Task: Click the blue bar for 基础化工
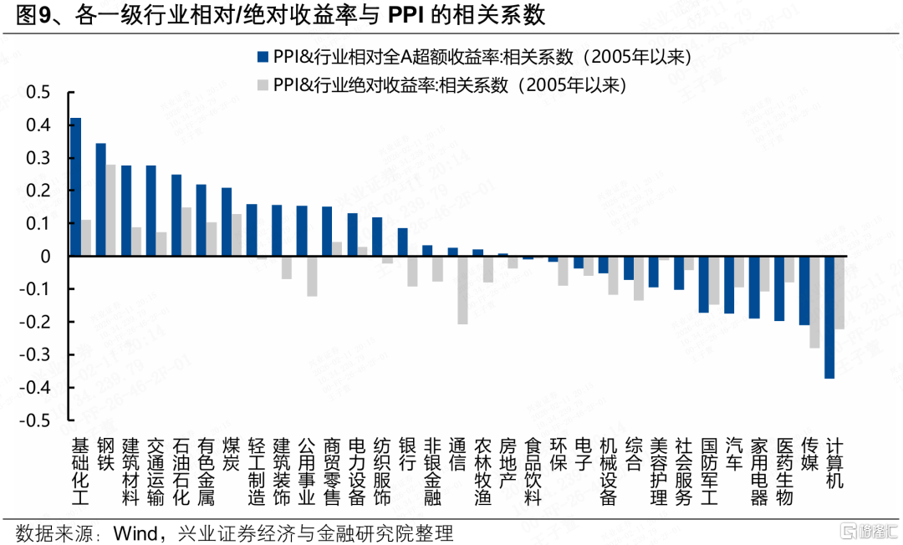coord(75,187)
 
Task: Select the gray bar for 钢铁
coord(111,211)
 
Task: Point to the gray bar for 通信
coord(462,290)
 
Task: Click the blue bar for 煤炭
coord(227,222)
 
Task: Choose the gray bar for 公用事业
coord(312,277)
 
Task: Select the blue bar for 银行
coord(402,242)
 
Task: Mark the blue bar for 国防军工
coord(703,285)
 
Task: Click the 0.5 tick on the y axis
coord(37,93)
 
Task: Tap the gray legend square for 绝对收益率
coord(262,85)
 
